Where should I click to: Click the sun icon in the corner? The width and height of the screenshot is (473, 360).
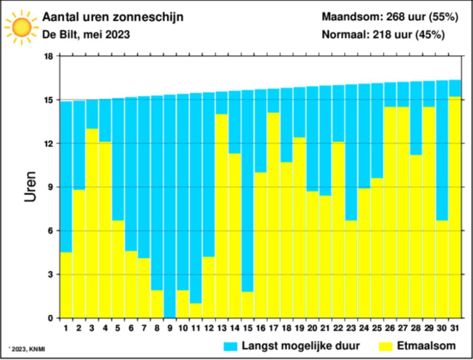(20, 27)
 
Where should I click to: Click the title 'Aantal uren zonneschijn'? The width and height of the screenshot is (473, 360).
(113, 18)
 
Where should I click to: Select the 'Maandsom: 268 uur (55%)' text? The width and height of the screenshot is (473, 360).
(390, 18)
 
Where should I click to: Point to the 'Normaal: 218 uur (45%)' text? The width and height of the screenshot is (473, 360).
(383, 35)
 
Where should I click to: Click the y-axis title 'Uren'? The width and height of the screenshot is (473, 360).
(30, 187)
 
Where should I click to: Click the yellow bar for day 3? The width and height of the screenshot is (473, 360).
(92, 222)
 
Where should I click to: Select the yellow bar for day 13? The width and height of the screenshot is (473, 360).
(221, 215)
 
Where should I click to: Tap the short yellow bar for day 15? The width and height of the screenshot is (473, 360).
(247, 305)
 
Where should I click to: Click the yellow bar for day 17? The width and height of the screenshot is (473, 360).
(273, 215)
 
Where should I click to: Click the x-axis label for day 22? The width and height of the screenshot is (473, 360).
(338, 327)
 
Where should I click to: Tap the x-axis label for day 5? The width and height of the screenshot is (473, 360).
(118, 327)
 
